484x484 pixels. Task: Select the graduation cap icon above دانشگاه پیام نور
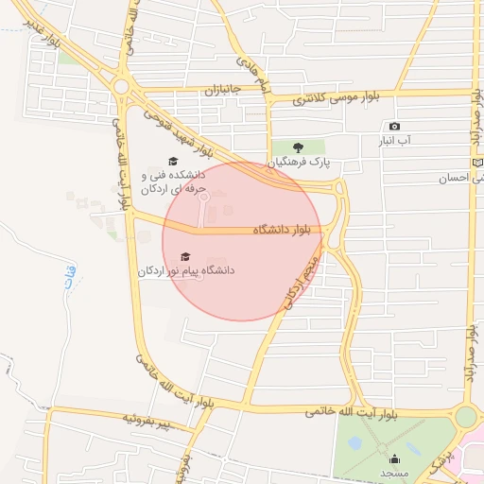click(x=185, y=256)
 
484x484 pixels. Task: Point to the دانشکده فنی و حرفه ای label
click(x=173, y=182)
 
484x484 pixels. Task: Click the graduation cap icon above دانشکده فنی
click(x=173, y=161)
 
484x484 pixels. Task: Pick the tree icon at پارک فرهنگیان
click(x=298, y=147)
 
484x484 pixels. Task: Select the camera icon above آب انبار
click(x=394, y=127)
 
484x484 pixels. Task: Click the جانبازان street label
click(x=223, y=91)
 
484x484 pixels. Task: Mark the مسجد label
click(x=395, y=472)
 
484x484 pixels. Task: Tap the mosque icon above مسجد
click(x=395, y=458)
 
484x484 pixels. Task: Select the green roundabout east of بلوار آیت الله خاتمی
click(x=465, y=416)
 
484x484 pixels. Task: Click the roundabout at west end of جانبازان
click(x=121, y=89)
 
